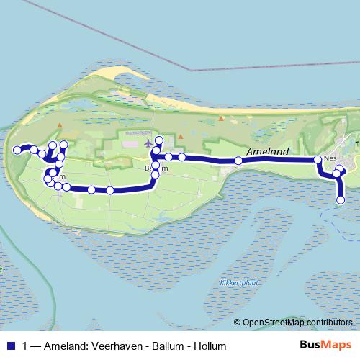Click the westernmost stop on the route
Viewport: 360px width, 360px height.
click(x=17, y=150)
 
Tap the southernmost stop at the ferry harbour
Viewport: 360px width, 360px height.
click(x=341, y=199)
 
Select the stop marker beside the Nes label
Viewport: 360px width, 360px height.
click(x=318, y=159)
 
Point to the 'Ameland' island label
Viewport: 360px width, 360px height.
click(x=267, y=152)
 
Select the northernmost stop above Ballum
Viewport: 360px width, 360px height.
click(x=160, y=140)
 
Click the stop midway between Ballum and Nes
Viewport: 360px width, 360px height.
click(x=238, y=161)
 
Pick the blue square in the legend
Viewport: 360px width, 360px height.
click(x=10, y=346)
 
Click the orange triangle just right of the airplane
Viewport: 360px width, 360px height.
click(x=181, y=135)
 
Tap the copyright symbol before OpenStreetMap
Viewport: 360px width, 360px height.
click(x=237, y=322)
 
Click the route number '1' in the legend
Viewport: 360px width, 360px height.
click(x=26, y=346)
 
